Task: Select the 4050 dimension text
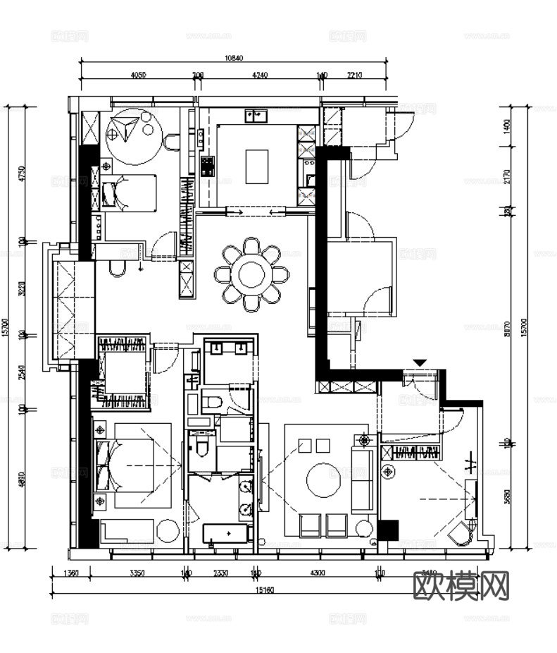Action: [138, 75]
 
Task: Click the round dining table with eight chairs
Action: [251, 274]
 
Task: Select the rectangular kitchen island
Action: [256, 166]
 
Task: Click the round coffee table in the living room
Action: [325, 480]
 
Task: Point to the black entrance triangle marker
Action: [420, 362]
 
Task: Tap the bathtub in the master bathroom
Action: [227, 532]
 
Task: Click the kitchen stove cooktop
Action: [207, 166]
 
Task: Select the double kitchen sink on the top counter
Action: [256, 115]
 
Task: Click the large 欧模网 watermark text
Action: [461, 585]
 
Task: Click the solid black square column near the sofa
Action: [388, 530]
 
